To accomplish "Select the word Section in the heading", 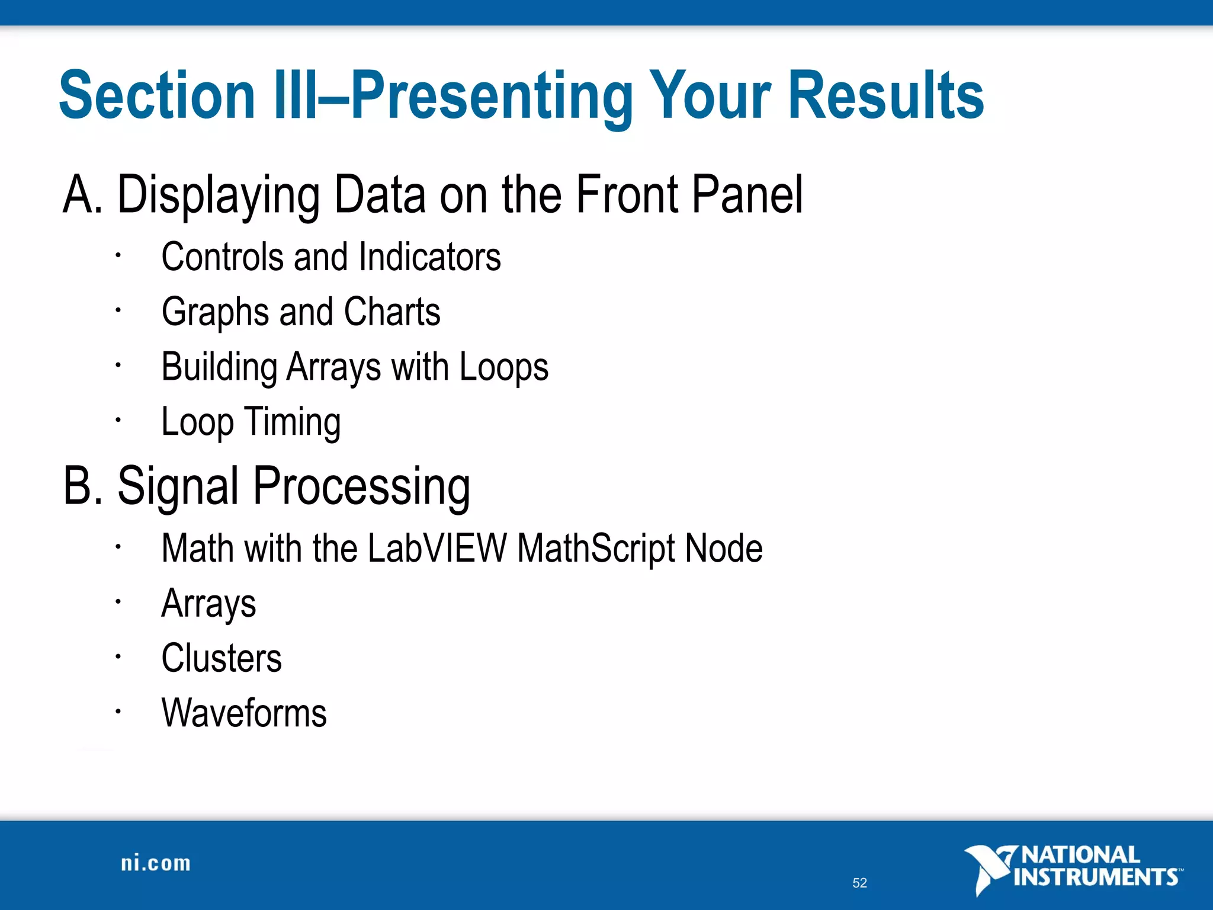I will pyautogui.click(x=157, y=95).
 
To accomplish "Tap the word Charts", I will pyautogui.click(x=392, y=312).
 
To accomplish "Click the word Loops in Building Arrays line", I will pyautogui.click(x=504, y=368).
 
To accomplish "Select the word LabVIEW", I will pyautogui.click(x=437, y=548).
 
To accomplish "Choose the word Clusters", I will pyautogui.click(x=222, y=658).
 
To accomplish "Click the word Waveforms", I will pyautogui.click(x=244, y=713).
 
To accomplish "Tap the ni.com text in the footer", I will pyautogui.click(x=156, y=863).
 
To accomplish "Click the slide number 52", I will pyautogui.click(x=859, y=883).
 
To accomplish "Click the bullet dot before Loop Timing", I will pyautogui.click(x=118, y=420).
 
